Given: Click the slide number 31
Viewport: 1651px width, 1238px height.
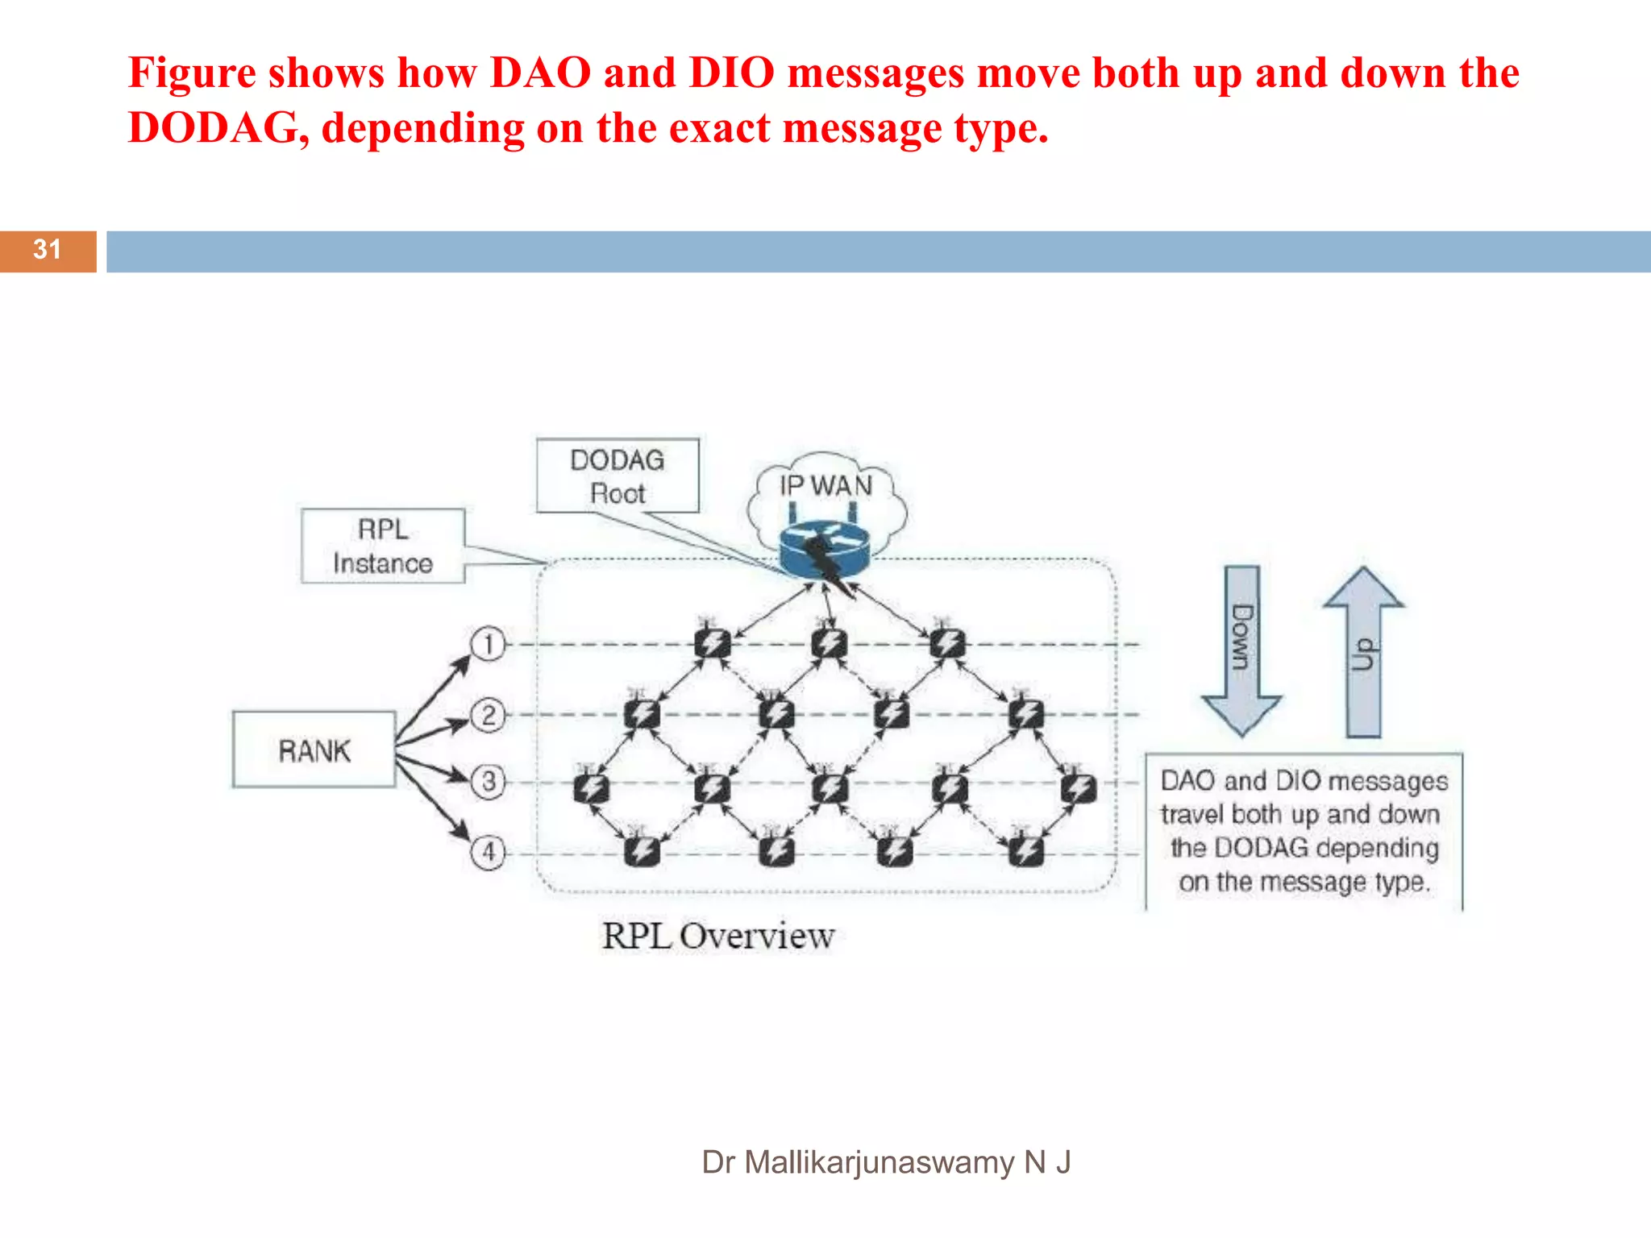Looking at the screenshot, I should click(47, 250).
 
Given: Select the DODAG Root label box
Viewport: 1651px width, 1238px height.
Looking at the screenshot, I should click(618, 476).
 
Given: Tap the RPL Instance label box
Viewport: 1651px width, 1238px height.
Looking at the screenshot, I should click(383, 546).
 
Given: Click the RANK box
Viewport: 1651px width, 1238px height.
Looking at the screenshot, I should click(314, 750).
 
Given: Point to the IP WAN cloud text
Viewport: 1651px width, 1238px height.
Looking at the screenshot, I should click(825, 486).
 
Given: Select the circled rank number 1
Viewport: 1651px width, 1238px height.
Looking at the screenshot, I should click(488, 645).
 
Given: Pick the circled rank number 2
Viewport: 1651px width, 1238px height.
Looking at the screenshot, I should click(488, 715).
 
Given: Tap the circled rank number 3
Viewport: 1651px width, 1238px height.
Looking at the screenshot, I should click(488, 782).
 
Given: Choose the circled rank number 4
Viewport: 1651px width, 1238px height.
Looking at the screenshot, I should click(488, 852).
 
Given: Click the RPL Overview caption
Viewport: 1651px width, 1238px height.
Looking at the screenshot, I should click(717, 936).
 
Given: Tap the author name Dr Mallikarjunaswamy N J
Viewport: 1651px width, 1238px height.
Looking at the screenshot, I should click(885, 1162).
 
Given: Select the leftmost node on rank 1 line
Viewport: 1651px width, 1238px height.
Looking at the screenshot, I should click(712, 643).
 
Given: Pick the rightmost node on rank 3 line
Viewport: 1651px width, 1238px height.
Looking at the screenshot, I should click(1078, 787).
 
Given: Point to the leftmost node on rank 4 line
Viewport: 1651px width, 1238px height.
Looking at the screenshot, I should click(642, 850).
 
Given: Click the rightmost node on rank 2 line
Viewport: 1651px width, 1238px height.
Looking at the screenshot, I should click(1026, 713).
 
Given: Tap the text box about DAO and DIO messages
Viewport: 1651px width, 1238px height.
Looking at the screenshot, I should click(1304, 831).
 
